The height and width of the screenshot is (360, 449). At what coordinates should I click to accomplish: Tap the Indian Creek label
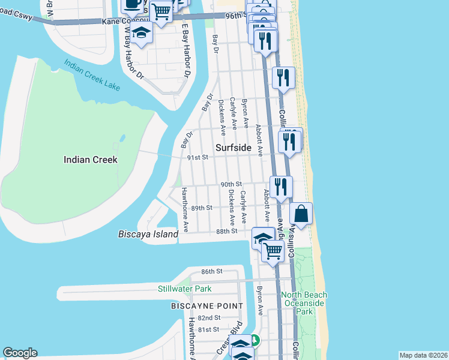click(x=91, y=160)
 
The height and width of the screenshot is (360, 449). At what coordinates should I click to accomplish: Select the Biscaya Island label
click(x=148, y=234)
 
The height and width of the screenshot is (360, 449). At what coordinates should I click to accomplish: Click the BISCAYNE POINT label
click(x=207, y=306)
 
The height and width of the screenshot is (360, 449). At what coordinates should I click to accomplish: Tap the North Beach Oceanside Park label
click(x=305, y=303)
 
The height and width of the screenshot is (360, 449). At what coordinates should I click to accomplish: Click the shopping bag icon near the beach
click(x=301, y=214)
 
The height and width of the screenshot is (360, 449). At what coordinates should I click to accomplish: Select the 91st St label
click(x=197, y=157)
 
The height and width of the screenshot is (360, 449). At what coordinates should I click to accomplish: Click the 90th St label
click(x=231, y=184)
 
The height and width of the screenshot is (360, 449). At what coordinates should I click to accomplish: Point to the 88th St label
click(x=227, y=231)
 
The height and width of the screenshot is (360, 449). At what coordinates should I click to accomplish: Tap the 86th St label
click(x=212, y=271)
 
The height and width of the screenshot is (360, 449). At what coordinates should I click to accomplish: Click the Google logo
click(x=20, y=353)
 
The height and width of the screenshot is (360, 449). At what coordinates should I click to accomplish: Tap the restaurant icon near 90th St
click(x=280, y=187)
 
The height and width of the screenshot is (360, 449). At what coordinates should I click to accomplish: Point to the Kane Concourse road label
click(x=119, y=21)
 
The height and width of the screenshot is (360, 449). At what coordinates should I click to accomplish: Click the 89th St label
click(x=202, y=208)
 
